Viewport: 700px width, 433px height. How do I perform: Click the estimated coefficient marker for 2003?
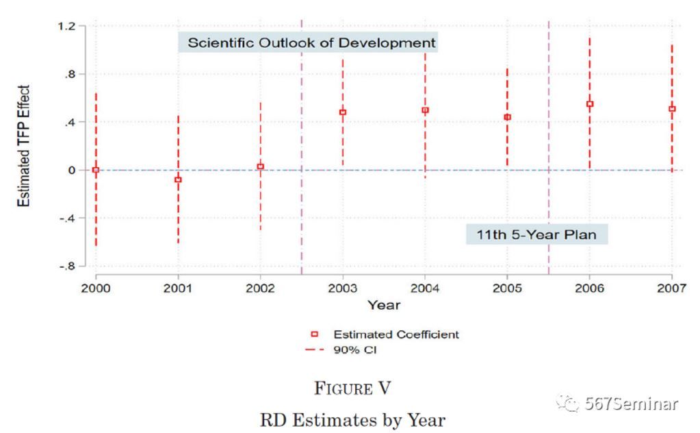click(343, 112)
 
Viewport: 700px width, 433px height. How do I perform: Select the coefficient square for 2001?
click(178, 180)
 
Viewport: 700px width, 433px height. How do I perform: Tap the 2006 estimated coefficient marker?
click(590, 104)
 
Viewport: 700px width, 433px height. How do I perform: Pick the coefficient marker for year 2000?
click(96, 170)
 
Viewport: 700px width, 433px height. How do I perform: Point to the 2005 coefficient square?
click(508, 117)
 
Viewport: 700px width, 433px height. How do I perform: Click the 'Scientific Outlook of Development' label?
click(312, 42)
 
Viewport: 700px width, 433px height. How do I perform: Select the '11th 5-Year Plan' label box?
click(536, 234)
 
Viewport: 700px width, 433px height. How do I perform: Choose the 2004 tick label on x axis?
click(425, 288)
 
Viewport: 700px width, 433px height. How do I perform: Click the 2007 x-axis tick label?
click(672, 288)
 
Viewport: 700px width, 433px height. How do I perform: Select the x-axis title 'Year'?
click(383, 305)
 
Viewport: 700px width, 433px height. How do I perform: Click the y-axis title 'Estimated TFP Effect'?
click(24, 146)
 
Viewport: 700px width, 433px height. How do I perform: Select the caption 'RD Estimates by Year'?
click(352, 419)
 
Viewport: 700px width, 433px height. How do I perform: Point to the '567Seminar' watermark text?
click(631, 404)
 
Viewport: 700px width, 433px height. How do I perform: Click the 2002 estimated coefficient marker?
click(260, 166)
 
